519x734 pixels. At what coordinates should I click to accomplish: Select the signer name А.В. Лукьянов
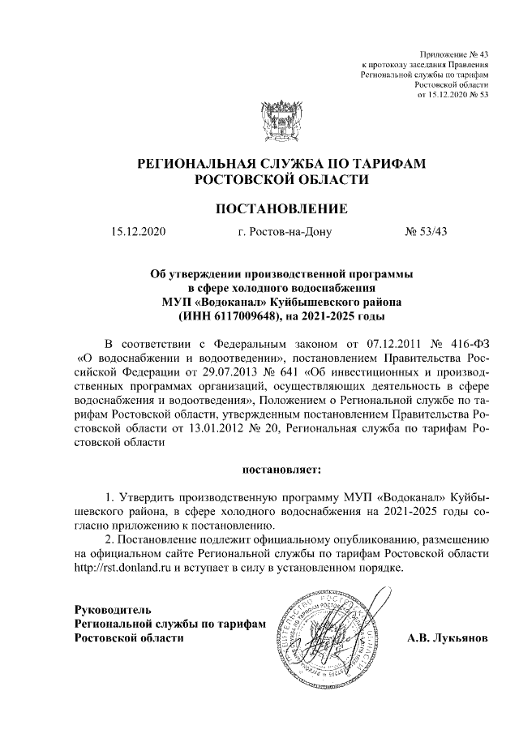coord(448,637)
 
